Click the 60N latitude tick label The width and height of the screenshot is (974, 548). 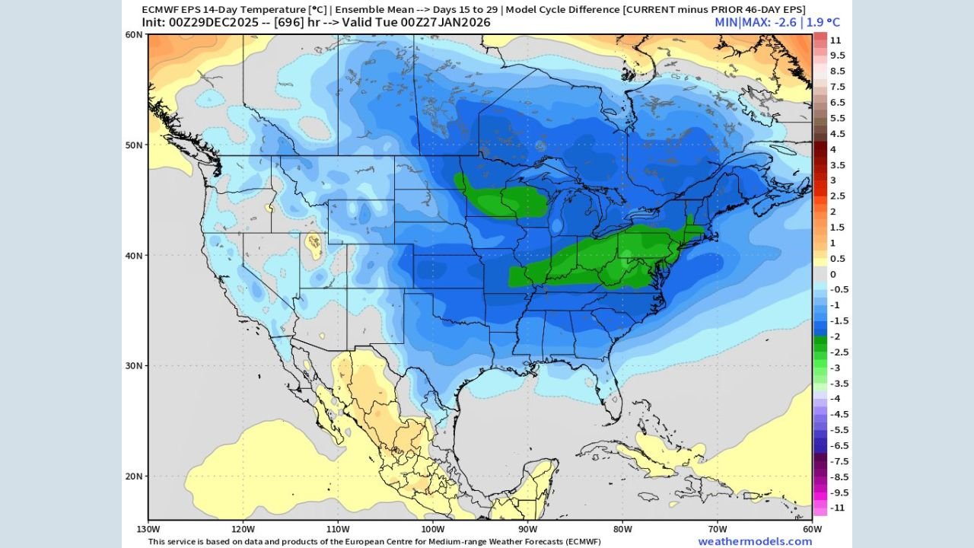click(x=134, y=35)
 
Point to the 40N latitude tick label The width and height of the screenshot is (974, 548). click(x=134, y=256)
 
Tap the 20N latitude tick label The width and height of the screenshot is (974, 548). click(x=134, y=476)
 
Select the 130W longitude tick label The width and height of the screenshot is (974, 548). click(x=148, y=529)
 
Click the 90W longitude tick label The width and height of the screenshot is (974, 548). click(x=527, y=529)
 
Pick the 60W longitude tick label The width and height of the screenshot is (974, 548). click(x=812, y=529)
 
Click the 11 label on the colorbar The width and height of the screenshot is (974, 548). click(x=835, y=40)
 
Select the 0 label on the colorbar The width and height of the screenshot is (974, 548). click(x=832, y=274)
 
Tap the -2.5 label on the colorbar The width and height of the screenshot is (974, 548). click(x=838, y=352)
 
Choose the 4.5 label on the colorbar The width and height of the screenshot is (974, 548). click(x=837, y=134)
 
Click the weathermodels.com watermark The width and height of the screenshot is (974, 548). click(x=755, y=541)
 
